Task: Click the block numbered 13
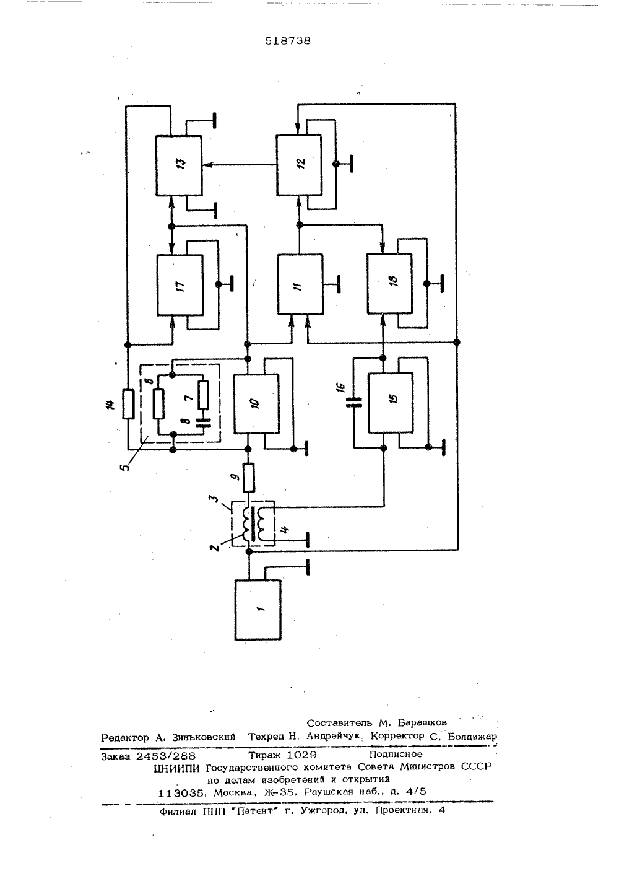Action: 179,165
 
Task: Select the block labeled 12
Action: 299,165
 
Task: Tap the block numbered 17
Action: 180,285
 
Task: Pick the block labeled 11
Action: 300,284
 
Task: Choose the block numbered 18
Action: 389,284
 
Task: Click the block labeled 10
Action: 256,403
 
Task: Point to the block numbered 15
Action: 391,403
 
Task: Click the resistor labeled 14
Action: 128,403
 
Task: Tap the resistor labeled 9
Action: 249,477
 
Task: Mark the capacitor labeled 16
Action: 354,403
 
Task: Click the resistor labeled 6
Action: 158,405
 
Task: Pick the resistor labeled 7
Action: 203,395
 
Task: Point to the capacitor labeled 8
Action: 203,421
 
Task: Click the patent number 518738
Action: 288,41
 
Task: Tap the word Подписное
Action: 396,753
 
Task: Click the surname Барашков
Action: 422,722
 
